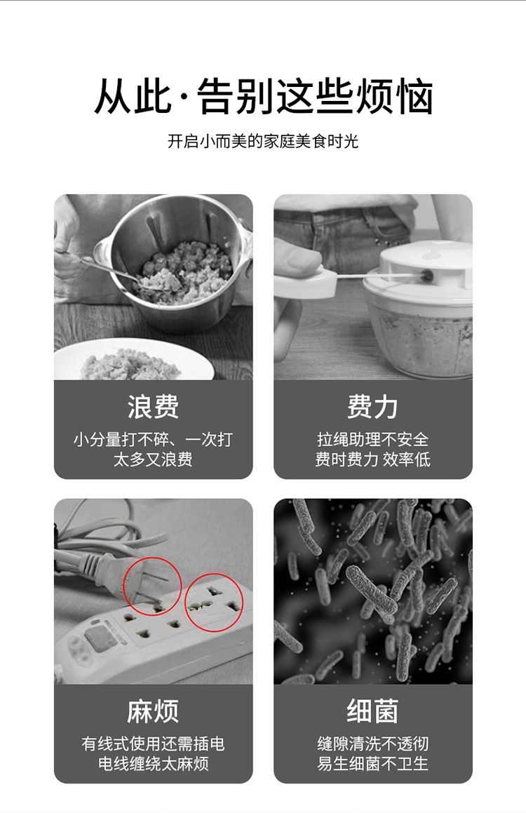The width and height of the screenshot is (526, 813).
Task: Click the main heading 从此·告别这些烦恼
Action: [x=263, y=98]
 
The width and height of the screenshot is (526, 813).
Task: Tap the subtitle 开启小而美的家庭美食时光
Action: [x=263, y=141]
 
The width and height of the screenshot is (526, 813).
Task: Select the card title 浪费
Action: [x=153, y=407]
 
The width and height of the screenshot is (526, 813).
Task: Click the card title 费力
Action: [x=372, y=407]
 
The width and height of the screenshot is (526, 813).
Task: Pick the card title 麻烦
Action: [x=153, y=711]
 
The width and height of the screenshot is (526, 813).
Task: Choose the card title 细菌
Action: [x=372, y=711]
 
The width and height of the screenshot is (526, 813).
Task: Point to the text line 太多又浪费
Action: [x=153, y=460]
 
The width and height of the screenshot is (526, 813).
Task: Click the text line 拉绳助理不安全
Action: [x=372, y=440]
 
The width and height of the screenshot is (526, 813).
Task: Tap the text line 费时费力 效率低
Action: [x=372, y=460]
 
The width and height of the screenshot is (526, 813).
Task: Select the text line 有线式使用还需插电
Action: [x=153, y=744]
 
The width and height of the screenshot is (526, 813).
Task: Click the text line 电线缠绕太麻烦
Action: [x=153, y=764]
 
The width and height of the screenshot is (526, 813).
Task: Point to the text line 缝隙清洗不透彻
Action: [x=372, y=744]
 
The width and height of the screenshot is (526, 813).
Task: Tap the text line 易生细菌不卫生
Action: [x=372, y=764]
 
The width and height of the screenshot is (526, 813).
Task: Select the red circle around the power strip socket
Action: [x=214, y=603]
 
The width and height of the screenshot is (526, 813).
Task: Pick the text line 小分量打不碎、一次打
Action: [x=153, y=440]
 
